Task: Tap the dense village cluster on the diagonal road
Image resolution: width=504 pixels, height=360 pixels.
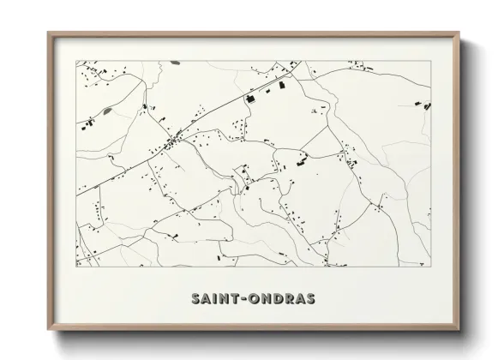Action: [x=172, y=141]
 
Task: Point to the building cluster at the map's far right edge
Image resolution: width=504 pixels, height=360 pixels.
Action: [x=424, y=105]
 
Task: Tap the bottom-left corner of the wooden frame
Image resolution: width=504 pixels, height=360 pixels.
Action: [x=48, y=328]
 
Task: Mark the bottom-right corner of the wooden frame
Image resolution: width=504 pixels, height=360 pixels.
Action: [x=459, y=328]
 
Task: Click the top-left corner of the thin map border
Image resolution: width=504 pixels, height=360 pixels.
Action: [x=76, y=61]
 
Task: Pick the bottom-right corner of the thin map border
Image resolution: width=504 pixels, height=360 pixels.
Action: [x=431, y=267]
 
